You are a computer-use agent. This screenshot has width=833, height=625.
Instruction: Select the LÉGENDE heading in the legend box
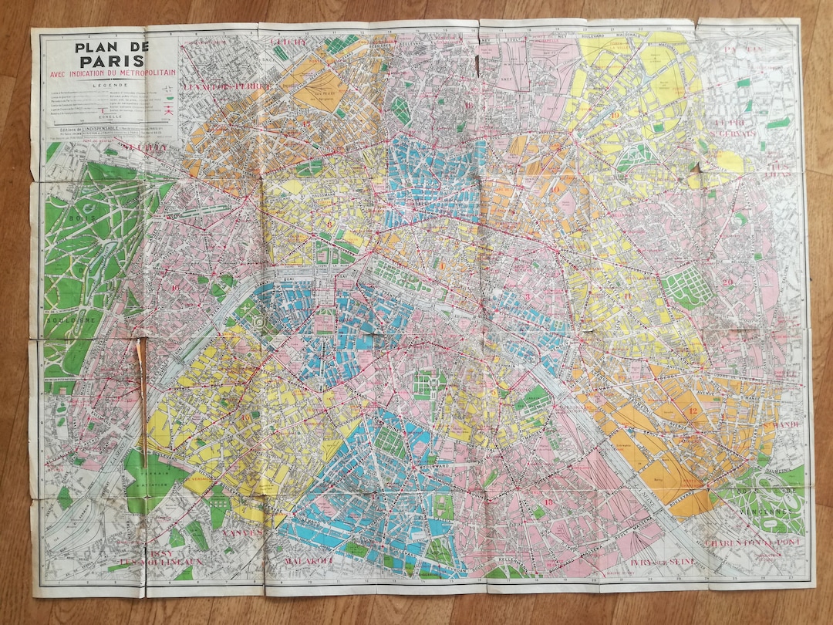pos(108,86)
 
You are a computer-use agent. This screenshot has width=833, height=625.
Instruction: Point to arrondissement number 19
pos(617,117)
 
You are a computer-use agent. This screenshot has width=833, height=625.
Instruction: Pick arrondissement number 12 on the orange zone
pos(692,411)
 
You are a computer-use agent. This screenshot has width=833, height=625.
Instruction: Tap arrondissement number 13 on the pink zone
pos(548,502)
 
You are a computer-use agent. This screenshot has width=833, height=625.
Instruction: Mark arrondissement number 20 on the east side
pos(729,282)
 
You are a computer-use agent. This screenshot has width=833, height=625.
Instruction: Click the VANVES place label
pos(241,532)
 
